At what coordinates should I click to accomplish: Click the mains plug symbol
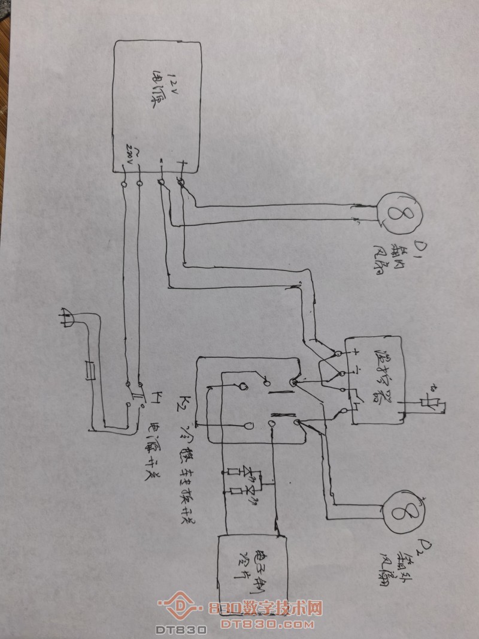[x=67, y=318]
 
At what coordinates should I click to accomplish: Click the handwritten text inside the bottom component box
[x=251, y=561]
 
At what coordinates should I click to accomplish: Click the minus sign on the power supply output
[x=162, y=162]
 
